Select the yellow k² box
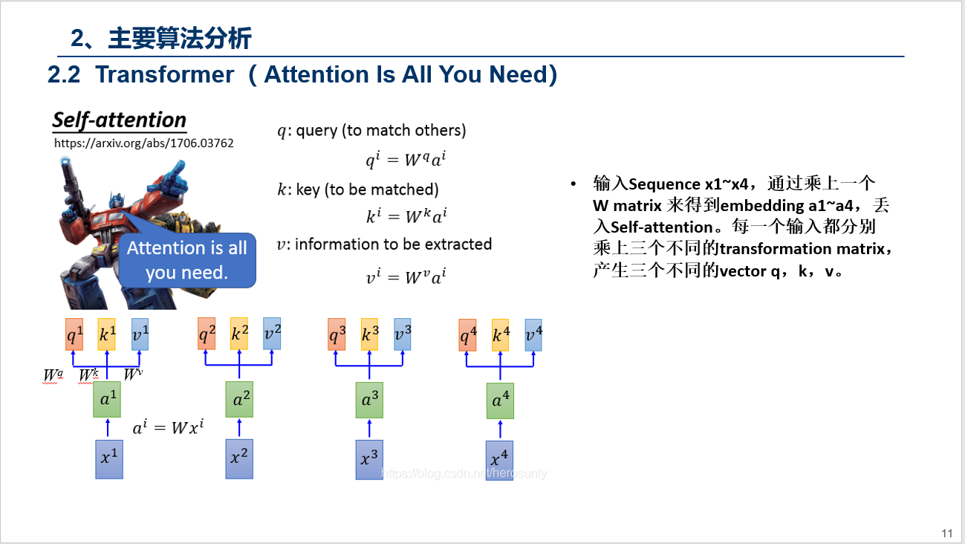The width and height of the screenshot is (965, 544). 239,334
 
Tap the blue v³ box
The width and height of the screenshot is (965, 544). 402,334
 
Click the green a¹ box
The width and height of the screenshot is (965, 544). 108,401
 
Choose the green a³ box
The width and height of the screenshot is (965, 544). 369,401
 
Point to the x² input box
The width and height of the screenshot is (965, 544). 239,459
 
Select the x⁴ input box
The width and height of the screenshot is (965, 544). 499,460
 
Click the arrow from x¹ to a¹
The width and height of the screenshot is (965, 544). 108,428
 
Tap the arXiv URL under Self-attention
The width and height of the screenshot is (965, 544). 144,143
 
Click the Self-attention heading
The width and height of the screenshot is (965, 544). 120,120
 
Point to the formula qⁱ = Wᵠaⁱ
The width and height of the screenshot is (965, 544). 406,160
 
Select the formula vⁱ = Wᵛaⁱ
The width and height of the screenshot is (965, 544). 406,277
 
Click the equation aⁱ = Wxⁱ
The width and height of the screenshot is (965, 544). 168,427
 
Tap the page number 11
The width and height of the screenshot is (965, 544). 946,533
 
